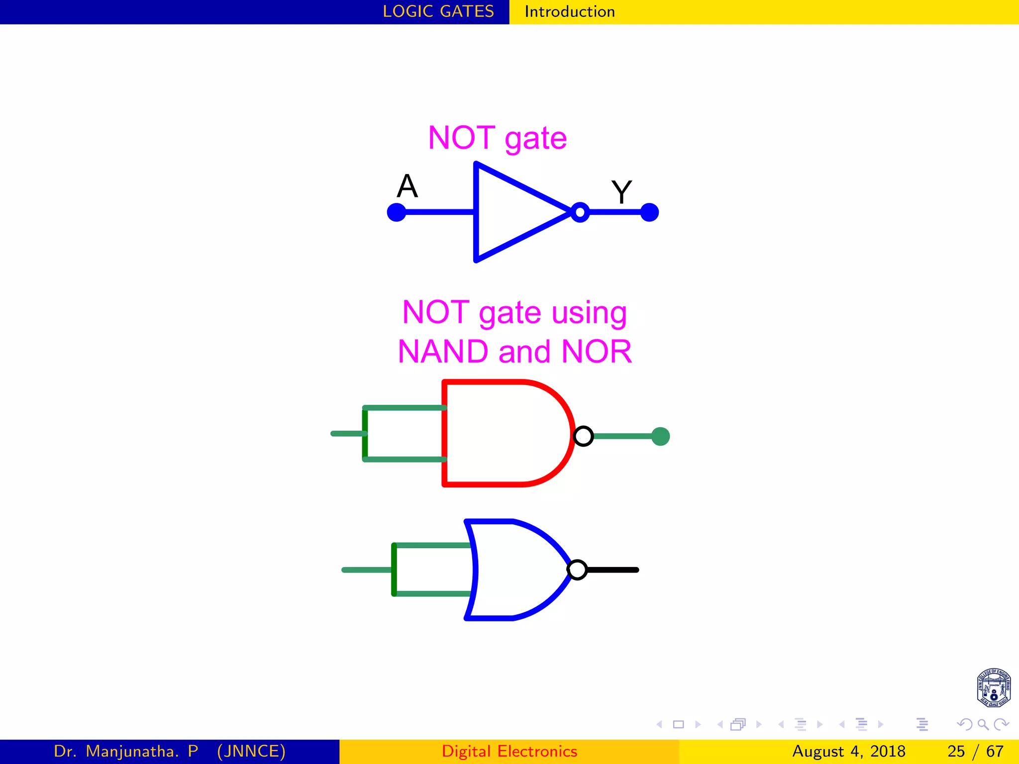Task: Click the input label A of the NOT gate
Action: coord(407,187)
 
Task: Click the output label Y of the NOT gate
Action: coord(621,192)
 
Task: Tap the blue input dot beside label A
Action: coord(397,212)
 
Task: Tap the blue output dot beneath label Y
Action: coord(649,212)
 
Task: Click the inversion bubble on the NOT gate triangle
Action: coord(580,212)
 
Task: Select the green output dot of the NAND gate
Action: coord(660,437)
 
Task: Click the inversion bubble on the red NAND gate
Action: coord(583,436)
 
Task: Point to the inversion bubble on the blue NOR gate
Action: coord(577,570)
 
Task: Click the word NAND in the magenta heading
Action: coord(443,352)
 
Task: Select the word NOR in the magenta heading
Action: coord(596,352)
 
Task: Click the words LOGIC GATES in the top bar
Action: coord(438,11)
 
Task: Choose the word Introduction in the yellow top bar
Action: coord(570,11)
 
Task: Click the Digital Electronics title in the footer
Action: coord(509,751)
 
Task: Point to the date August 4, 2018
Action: coord(848,751)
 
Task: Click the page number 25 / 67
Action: coord(975,751)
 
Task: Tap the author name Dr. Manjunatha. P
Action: coord(126,751)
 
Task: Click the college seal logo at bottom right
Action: coord(994,687)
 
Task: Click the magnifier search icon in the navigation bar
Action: coord(983,724)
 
